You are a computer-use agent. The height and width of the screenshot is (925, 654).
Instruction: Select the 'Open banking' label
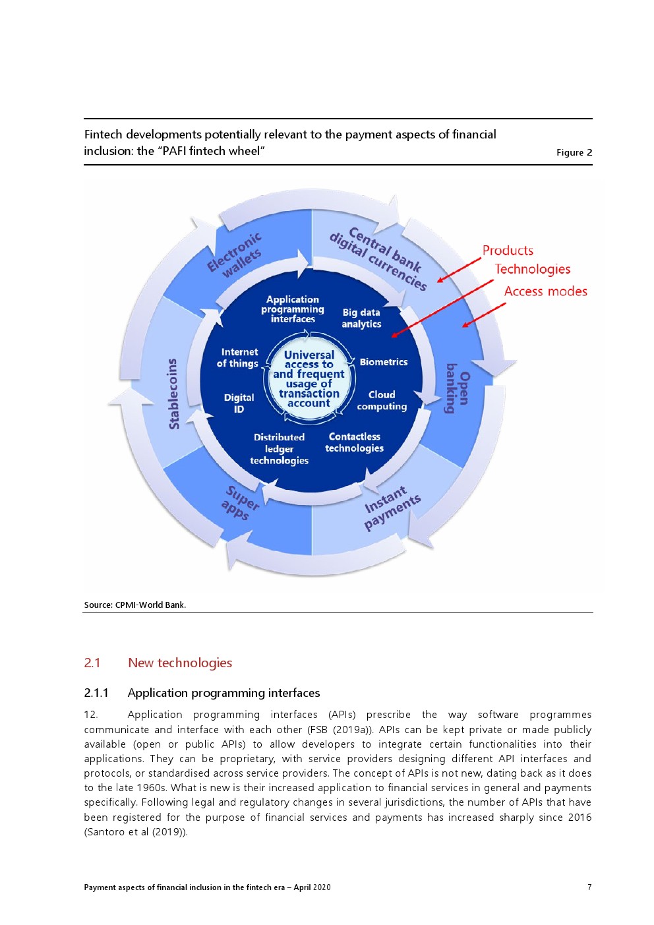point(458,388)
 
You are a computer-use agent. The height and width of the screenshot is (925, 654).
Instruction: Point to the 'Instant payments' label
point(392,507)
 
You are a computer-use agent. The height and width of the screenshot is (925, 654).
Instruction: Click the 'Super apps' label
point(239,503)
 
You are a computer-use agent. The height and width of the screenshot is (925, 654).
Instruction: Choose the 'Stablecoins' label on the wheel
point(173,394)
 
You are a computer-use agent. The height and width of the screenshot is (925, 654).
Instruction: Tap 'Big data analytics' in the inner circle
point(361,318)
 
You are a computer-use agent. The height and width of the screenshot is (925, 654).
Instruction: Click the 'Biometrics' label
point(384,362)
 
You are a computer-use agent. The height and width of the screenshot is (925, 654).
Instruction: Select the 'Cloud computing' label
point(382,400)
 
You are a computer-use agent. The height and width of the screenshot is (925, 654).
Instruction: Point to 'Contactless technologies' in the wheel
point(355,442)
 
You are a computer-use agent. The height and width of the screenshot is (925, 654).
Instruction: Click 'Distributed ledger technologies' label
point(279,448)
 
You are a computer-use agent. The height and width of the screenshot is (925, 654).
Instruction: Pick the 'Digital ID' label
point(239,403)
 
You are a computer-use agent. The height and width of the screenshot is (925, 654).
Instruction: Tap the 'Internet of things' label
point(238,357)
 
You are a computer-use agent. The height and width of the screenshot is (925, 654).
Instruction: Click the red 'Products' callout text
point(508,251)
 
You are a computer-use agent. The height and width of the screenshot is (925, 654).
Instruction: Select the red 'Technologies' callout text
point(533,269)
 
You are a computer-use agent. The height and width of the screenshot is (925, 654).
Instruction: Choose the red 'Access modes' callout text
point(545,291)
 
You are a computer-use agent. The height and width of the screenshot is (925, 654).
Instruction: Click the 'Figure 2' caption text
point(574,152)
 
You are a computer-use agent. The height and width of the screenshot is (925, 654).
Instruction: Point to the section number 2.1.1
point(96,692)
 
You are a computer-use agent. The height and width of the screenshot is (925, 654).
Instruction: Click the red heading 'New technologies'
point(180,663)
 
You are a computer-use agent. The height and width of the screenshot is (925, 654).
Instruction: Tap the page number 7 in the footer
point(589,887)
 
